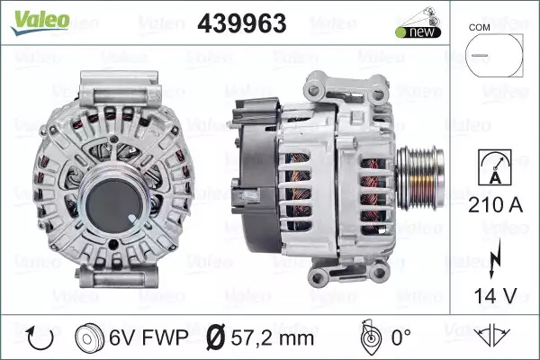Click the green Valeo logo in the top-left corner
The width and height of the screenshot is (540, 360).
(x=40, y=22)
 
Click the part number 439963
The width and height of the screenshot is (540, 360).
(x=242, y=23)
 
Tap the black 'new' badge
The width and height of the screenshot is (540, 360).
(x=418, y=32)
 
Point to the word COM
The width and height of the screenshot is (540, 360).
(x=479, y=28)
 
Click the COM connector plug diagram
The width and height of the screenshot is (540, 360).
(x=494, y=56)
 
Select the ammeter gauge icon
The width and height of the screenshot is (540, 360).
(x=495, y=167)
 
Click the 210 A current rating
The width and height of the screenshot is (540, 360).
(x=495, y=205)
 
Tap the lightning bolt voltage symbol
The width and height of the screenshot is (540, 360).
(x=494, y=258)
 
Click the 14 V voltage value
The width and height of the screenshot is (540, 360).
(x=495, y=295)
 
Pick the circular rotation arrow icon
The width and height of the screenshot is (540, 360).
(x=40, y=338)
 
